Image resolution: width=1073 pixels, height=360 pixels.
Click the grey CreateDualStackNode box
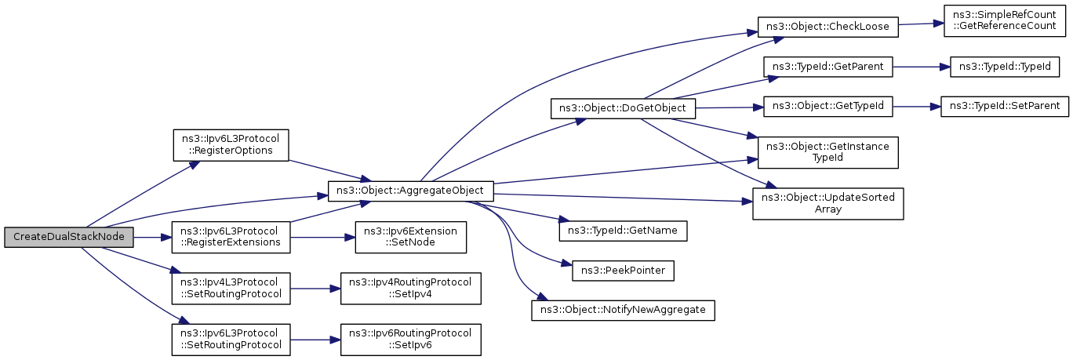click(68, 236)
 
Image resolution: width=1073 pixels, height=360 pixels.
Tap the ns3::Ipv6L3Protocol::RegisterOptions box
click(231, 142)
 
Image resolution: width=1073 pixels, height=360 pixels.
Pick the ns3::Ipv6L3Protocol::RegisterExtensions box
click(231, 236)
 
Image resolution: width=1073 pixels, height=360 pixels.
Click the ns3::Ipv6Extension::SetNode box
click(411, 236)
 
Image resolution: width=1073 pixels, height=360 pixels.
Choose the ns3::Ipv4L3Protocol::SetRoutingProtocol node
click(231, 289)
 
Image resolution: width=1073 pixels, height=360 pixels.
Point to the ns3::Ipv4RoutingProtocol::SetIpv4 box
click(410, 289)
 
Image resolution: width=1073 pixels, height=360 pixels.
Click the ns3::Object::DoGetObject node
click(624, 107)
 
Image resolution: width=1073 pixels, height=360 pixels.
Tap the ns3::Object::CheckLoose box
click(827, 26)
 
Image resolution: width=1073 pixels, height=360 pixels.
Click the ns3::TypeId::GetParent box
click(827, 67)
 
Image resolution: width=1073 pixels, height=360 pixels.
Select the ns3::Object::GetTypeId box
click(827, 105)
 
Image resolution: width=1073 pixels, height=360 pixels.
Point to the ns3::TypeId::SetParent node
click(1005, 105)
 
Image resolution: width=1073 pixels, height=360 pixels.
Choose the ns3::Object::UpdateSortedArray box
click(828, 202)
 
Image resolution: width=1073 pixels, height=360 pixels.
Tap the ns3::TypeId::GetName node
click(623, 231)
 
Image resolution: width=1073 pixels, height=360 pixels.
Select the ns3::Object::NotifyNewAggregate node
click(623, 310)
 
